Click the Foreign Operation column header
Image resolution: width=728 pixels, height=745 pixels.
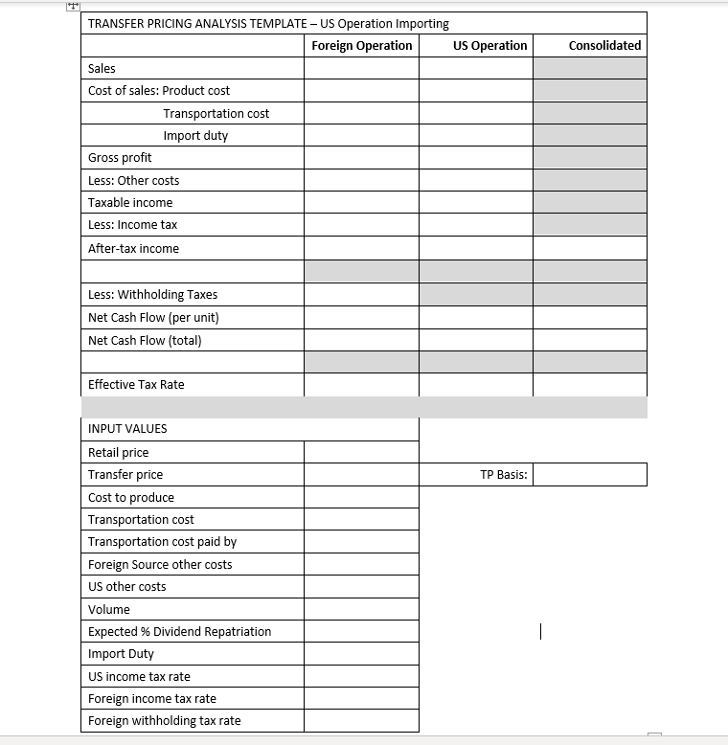[362, 46]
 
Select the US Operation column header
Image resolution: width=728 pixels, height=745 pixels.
[489, 46]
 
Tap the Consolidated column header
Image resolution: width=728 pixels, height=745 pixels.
[604, 46]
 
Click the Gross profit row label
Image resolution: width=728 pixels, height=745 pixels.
[120, 158]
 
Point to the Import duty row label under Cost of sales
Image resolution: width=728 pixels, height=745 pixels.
[195, 136]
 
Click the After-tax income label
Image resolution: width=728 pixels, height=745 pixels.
[133, 249]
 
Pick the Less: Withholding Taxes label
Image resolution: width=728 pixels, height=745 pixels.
[152, 295]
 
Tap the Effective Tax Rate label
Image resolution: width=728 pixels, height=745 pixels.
[136, 385]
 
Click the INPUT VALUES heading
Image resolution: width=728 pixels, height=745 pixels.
[127, 429]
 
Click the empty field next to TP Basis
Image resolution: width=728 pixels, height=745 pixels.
[589, 475]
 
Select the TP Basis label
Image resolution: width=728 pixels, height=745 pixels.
[503, 475]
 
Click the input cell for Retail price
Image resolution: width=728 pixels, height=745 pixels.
[361, 453]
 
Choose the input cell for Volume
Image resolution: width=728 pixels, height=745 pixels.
[361, 610]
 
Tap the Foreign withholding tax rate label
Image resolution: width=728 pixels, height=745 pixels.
[165, 721]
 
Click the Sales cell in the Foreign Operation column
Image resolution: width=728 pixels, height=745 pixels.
[361, 69]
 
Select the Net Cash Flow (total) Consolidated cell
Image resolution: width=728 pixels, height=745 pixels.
[589, 340]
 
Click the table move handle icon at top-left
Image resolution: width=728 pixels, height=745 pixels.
[73, 6]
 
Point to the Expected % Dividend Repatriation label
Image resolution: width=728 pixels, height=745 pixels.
[179, 632]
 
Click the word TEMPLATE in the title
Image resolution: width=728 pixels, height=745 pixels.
[273, 24]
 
